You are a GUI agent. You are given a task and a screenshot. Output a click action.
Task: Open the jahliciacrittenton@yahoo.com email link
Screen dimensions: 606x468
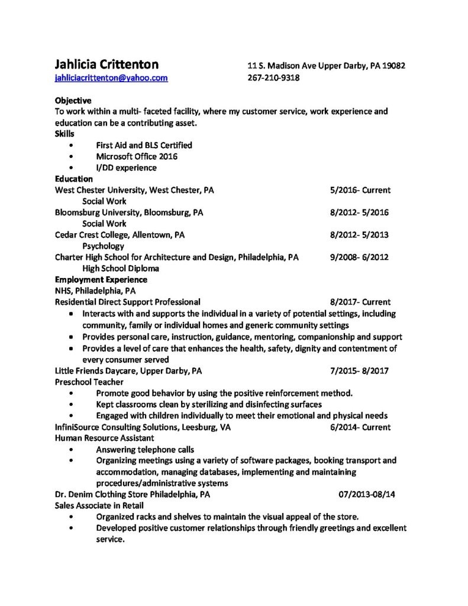coord(111,78)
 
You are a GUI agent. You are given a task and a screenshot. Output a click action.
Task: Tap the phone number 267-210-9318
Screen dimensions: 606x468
coord(273,78)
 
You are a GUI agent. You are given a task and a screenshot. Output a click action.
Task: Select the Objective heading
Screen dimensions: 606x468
coord(73,100)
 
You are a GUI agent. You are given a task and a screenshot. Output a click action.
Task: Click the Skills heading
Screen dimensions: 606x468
coord(64,134)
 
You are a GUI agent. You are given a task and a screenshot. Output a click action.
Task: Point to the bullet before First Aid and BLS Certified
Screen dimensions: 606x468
coord(72,145)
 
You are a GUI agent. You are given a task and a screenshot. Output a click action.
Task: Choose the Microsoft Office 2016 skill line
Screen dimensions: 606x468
coord(136,156)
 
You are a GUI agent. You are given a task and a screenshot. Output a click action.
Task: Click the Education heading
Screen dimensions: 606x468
coord(73,179)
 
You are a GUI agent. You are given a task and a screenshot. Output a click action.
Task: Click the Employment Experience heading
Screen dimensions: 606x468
coord(101,279)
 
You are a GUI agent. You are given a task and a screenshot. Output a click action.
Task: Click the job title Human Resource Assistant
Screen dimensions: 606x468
coord(104,438)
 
